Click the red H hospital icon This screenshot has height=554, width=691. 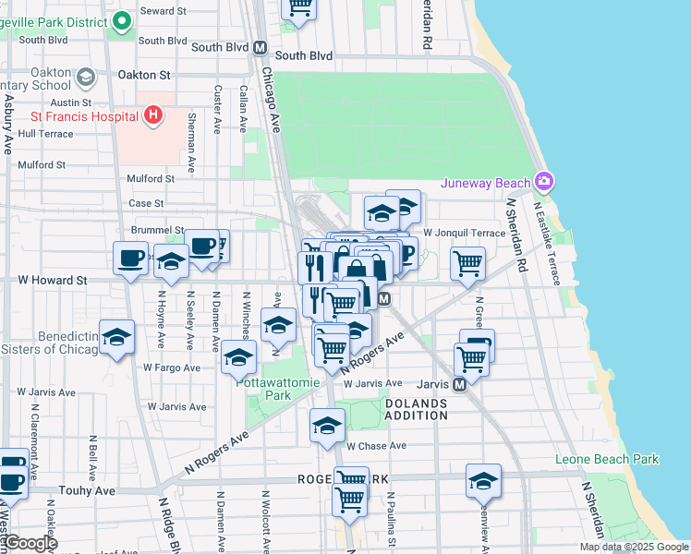coord(153,116)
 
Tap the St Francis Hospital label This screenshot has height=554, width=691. coord(84,116)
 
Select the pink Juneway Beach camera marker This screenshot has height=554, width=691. coord(543,180)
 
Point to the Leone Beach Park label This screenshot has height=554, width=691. coord(607,459)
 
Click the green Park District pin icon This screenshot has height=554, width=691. coord(120,20)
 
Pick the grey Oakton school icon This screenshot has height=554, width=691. coord(86,75)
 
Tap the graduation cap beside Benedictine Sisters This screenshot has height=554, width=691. coord(117,338)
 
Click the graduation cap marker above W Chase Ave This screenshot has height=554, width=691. coord(327,426)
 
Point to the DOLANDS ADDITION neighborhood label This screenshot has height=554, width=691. coord(416,410)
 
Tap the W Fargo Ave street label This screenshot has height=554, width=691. coord(172,367)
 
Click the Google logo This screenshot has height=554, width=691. coord(30,543)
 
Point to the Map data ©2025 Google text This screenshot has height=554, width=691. coord(633,547)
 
